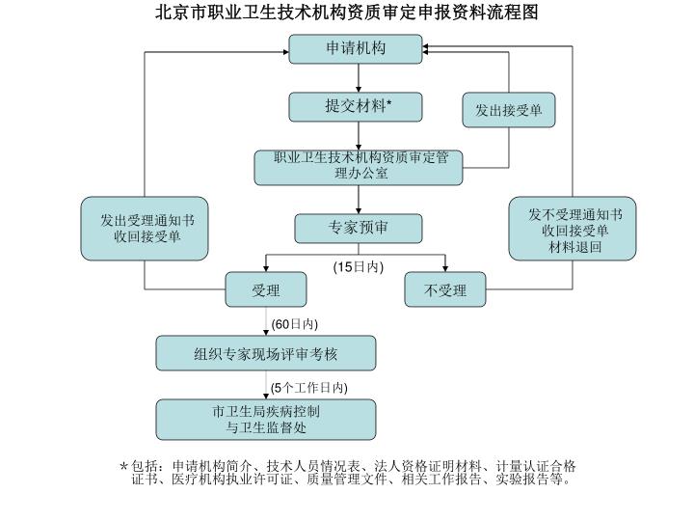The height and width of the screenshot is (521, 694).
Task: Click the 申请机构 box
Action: click(x=356, y=49)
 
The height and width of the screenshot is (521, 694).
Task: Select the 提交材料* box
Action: click(x=356, y=107)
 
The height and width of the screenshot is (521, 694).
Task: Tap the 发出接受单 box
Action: click(x=509, y=110)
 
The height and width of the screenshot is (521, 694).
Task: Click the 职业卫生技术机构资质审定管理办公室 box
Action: click(x=358, y=168)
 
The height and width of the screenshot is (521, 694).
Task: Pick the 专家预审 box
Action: click(x=358, y=228)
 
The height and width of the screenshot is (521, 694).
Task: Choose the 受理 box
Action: click(x=266, y=289)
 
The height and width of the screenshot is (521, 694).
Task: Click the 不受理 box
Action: click(x=444, y=289)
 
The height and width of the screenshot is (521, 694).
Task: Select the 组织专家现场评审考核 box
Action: click(x=266, y=353)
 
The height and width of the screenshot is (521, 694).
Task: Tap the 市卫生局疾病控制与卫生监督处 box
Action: click(x=266, y=420)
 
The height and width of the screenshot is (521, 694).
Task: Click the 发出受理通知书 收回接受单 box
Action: click(x=145, y=228)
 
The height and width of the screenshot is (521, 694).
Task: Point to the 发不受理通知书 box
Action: click(x=573, y=228)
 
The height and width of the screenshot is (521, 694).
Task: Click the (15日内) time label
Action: click(x=358, y=266)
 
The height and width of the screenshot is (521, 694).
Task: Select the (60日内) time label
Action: click(x=294, y=324)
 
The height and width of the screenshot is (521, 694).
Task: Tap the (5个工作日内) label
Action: click(x=309, y=388)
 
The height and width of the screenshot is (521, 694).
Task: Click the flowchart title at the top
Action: click(x=347, y=12)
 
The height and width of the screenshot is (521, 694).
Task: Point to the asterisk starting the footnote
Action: click(x=124, y=466)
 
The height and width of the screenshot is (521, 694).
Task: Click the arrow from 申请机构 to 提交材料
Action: click(x=358, y=78)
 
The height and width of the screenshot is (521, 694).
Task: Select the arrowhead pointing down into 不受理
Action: click(x=444, y=268)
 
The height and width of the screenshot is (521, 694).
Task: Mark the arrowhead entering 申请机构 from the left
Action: click(x=285, y=52)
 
